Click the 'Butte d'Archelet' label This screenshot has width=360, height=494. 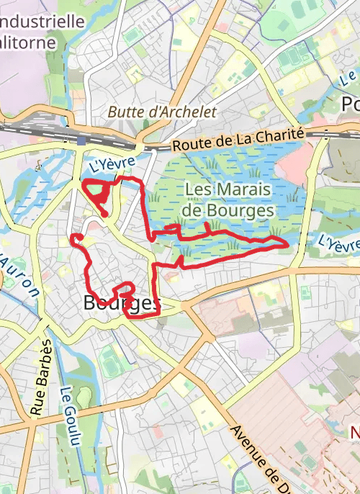point(162,112)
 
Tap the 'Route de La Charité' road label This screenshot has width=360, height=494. point(238,142)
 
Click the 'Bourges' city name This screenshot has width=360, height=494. point(121,303)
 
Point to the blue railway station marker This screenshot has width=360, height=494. point(82,140)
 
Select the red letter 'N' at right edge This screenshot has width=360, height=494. point(354,433)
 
